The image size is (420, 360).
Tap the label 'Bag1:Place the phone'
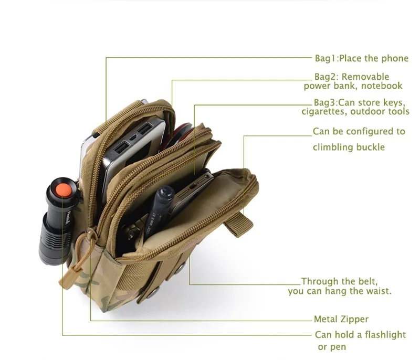pos(361,59)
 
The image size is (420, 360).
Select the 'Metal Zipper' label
pos(341,319)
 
